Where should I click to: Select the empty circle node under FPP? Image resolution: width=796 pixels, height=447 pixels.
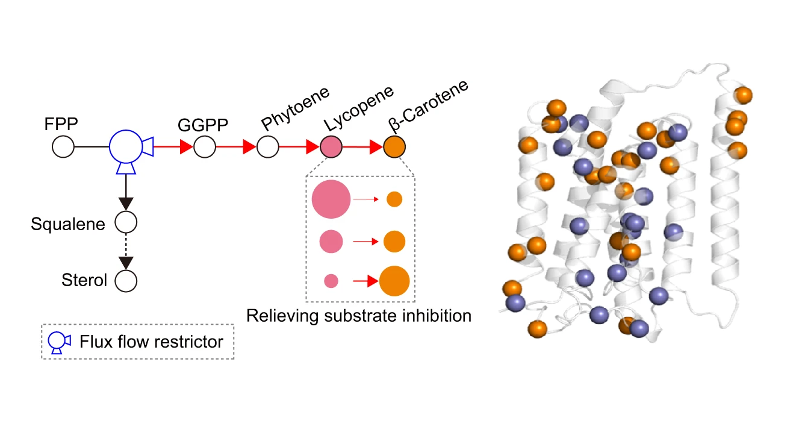[63, 146]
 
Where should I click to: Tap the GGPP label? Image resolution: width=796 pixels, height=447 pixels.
[203, 125]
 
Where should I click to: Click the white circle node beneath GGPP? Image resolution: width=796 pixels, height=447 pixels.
[205, 146]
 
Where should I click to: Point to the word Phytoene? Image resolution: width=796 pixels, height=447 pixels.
[296, 108]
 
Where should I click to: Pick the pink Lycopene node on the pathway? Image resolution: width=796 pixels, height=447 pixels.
[331, 146]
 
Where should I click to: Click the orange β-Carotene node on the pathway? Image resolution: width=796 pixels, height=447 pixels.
[394, 147]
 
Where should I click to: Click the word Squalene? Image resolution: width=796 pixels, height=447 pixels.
[68, 224]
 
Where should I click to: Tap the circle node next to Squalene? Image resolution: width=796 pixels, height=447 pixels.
[126, 222]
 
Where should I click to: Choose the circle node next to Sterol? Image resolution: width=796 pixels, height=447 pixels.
[126, 280]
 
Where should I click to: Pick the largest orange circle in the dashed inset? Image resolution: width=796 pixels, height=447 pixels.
[394, 281]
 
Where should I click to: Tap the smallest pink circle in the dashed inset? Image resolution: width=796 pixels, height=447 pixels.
[331, 281]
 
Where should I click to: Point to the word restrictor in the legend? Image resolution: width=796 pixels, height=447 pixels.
[187, 342]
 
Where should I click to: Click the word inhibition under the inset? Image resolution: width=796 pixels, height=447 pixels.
[433, 315]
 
